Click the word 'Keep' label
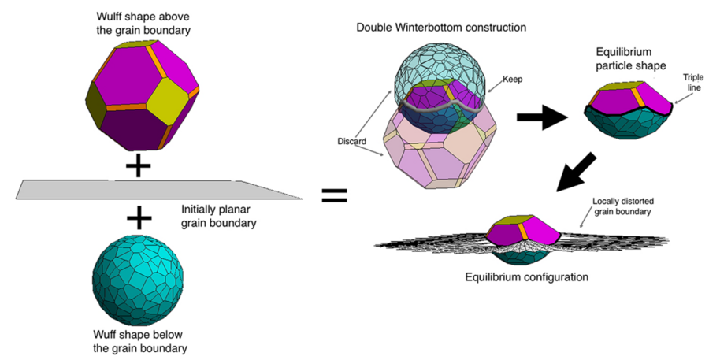(x=513, y=80)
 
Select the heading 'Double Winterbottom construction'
(x=440, y=28)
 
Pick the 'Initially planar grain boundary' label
(x=221, y=215)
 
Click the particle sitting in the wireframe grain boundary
(x=523, y=236)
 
